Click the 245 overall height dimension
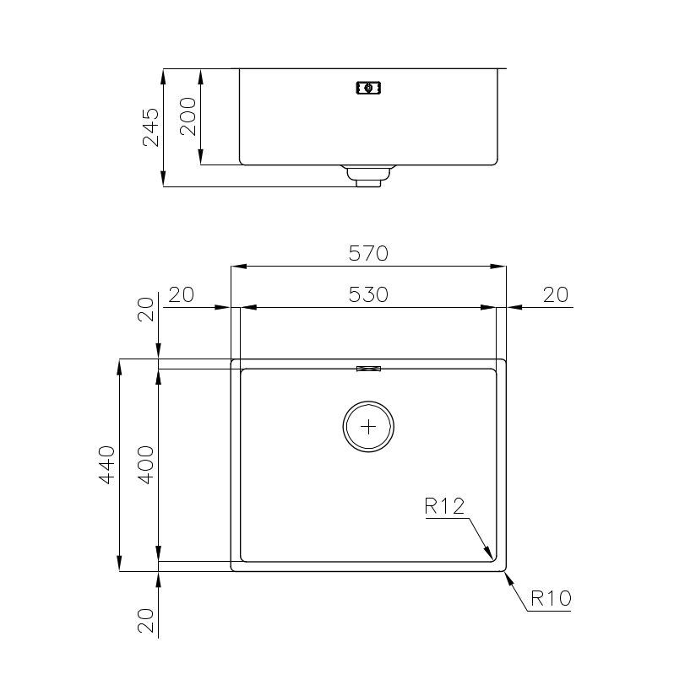point(151,127)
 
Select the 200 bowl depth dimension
point(188,116)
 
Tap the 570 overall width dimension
point(368,253)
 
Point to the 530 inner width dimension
point(368,294)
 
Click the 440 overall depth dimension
point(106,465)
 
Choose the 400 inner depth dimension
point(146,465)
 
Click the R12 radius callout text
point(444,506)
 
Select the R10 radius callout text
point(551,598)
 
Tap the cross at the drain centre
point(368,427)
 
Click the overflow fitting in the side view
point(368,88)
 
